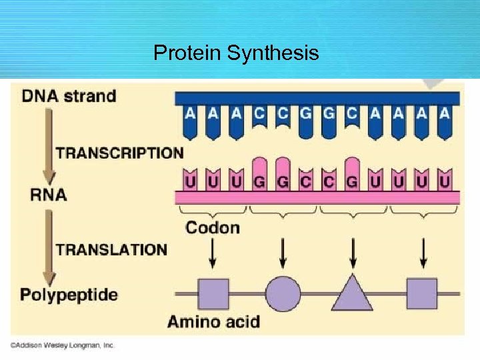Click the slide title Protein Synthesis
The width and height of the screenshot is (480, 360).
pos(236,53)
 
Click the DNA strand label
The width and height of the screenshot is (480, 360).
pos(69,95)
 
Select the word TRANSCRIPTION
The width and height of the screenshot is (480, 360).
pos(119,153)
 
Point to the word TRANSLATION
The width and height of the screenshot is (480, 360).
pos(111,250)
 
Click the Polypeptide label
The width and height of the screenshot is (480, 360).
pos(69,294)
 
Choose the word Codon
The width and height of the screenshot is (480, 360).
pos(213,227)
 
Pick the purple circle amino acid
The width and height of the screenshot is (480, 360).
pos(283,293)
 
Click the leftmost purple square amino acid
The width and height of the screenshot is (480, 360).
pos(213,293)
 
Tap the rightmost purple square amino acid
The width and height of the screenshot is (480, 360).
pos(422,293)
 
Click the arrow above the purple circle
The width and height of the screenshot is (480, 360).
pos(283,253)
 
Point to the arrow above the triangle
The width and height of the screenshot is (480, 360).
pos(352,253)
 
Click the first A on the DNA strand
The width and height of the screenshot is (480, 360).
pos(190,114)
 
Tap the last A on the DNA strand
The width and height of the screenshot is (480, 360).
pos(444,114)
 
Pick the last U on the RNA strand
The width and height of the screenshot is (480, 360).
pos(444,181)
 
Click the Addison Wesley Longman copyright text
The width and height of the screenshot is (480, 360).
pos(63,345)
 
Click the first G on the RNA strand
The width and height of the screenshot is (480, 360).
pos(259,181)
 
